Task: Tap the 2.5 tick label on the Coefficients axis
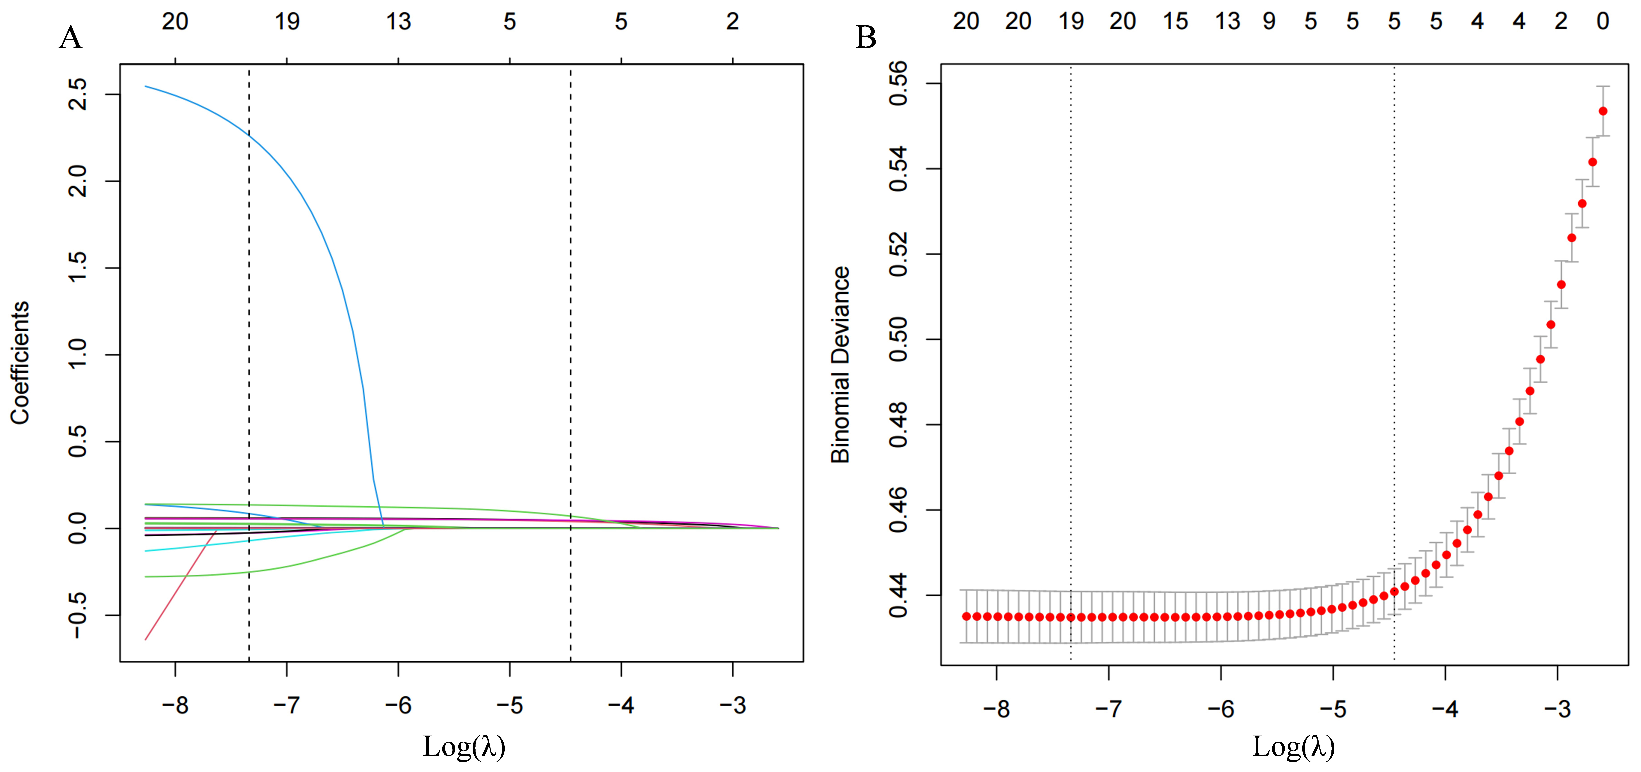(78, 94)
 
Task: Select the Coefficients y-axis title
(20, 362)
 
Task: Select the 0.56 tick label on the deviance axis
(898, 84)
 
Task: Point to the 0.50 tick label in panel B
(898, 339)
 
